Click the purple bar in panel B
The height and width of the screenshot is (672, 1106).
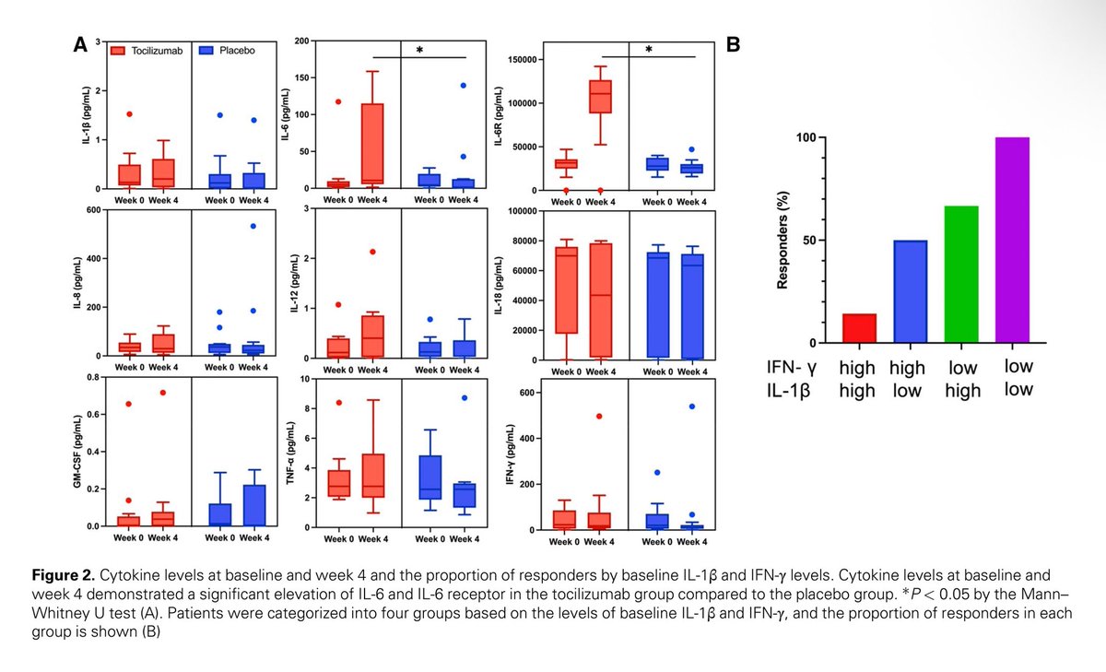pos(1011,240)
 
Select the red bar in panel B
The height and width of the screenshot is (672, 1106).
pos(859,328)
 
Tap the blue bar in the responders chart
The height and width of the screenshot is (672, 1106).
pos(909,291)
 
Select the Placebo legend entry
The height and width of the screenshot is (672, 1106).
pos(228,52)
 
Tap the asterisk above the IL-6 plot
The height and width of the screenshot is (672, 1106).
pos(418,51)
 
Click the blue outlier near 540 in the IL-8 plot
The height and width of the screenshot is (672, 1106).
pos(252,226)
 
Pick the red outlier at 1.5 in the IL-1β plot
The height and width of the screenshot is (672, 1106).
pos(129,114)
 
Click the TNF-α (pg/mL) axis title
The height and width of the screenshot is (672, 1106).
pos(293,452)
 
